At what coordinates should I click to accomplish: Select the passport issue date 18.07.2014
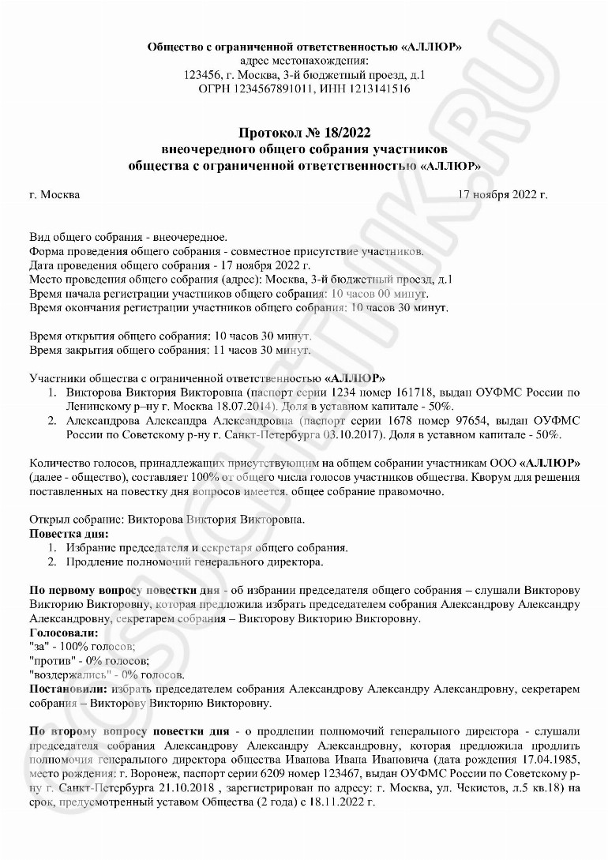(x=242, y=406)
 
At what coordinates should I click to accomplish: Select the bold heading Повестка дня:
(x=69, y=534)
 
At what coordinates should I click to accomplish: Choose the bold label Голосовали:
(x=64, y=633)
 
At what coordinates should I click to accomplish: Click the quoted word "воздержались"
(x=66, y=675)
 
